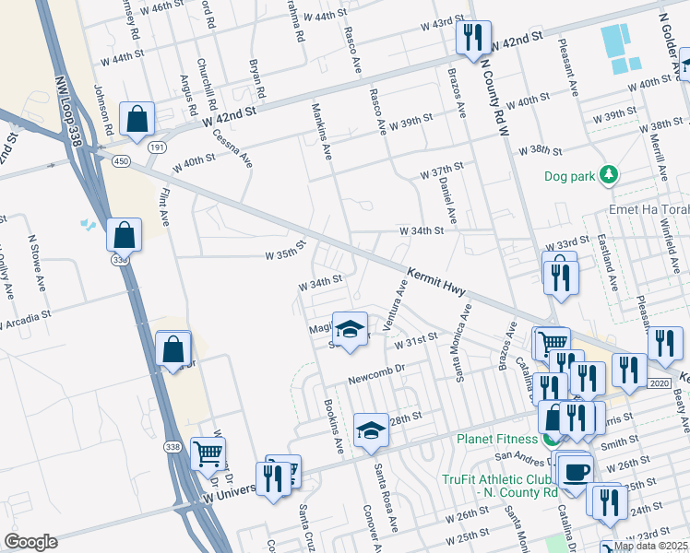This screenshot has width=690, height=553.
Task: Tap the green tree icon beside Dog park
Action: [x=608, y=174]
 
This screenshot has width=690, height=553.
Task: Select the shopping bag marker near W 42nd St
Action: [x=137, y=119]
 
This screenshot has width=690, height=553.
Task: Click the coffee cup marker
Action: [x=577, y=470]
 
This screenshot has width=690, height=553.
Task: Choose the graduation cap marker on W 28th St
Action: [x=371, y=430]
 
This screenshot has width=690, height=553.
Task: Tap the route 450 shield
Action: [x=121, y=162]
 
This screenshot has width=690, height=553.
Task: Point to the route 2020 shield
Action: [x=659, y=382]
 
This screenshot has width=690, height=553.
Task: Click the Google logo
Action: [x=30, y=542]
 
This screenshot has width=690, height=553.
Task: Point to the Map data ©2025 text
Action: [x=650, y=546]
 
